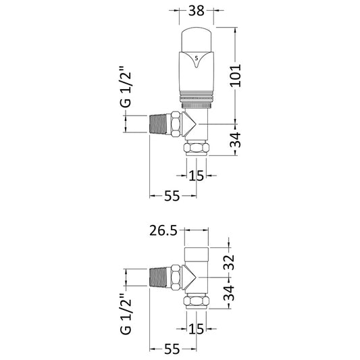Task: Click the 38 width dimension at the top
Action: click(x=196, y=11)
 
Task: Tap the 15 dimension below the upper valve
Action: click(x=197, y=176)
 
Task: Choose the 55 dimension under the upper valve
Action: click(x=172, y=195)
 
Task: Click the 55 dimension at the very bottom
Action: click(x=172, y=350)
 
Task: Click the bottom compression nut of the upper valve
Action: click(x=197, y=148)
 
